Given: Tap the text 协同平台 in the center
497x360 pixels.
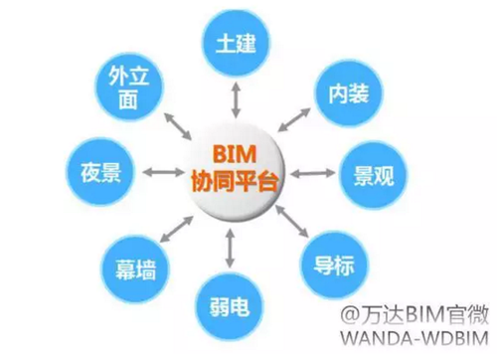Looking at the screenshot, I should point(235,180).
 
